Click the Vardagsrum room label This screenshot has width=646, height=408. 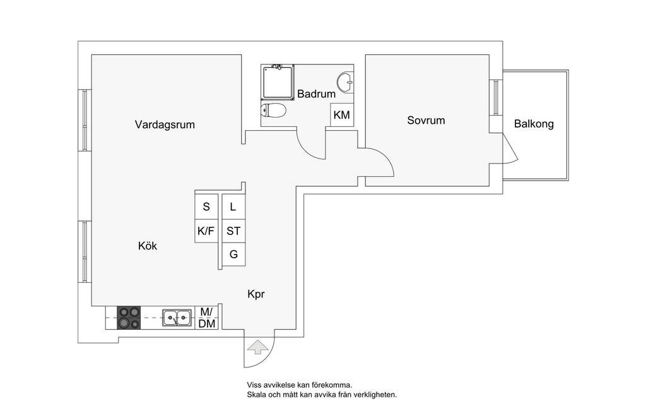click(x=165, y=125)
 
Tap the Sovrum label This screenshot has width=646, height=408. click(x=426, y=120)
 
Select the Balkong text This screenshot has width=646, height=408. click(x=534, y=124)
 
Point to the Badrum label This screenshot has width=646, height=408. click(x=316, y=94)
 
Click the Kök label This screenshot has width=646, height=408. click(x=148, y=246)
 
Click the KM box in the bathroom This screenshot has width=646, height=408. click(x=341, y=115)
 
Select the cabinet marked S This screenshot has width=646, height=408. click(x=206, y=207)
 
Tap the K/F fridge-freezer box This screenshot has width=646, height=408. click(x=206, y=231)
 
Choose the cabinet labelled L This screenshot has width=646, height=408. click(x=233, y=207)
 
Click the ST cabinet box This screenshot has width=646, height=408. click(x=233, y=231)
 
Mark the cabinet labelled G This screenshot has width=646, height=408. click(x=233, y=255)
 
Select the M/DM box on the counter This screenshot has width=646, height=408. click(x=207, y=318)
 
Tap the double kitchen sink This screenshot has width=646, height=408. click(x=177, y=318)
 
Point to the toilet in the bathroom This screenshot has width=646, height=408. click(x=274, y=111)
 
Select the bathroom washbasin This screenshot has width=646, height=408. click(x=345, y=82)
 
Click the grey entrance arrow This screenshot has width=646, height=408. click(x=256, y=347)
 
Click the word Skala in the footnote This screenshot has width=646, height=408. click(x=257, y=395)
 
